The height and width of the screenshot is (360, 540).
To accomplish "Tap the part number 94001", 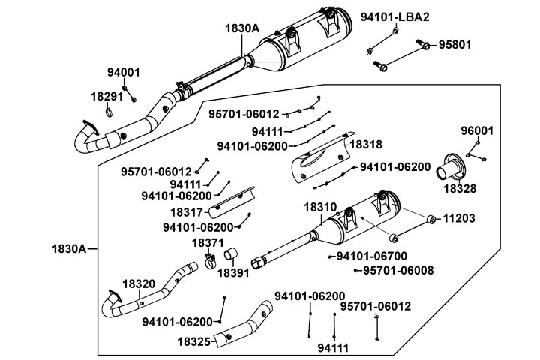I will coord(123,72).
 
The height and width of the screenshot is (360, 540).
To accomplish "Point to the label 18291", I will coord(106,97).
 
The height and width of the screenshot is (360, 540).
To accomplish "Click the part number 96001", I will coord(477,130).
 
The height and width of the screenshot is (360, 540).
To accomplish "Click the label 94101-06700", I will coord(373,256).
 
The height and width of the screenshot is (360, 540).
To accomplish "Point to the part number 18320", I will coord(138,283).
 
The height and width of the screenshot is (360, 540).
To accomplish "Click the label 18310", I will coord(319,205).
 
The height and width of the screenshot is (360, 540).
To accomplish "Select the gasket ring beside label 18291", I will coord(109,113).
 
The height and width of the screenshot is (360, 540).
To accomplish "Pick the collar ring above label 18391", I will coord(234,256).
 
